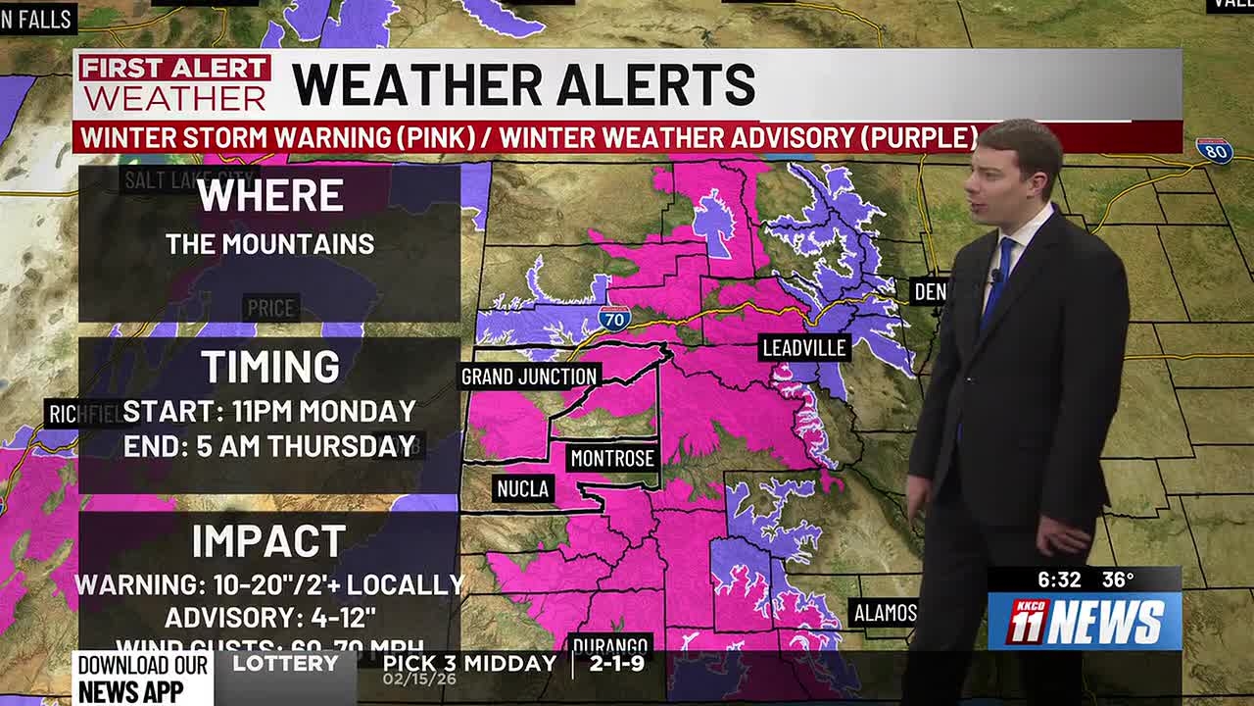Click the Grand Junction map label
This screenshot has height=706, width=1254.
tap(529, 377)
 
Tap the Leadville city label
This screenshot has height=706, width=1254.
tap(804, 347)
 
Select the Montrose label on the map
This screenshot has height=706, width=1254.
tap(612, 458)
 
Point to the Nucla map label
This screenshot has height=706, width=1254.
tap(523, 488)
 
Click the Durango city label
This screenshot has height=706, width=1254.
tap(609, 645)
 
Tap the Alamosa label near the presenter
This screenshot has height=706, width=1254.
tap(885, 614)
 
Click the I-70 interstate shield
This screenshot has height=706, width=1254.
tap(614, 317)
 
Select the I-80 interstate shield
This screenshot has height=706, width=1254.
tap(1214, 150)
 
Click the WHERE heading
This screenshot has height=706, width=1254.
tap(269, 195)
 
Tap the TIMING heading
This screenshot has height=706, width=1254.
tap(270, 367)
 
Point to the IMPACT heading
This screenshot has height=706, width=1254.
tap(268, 541)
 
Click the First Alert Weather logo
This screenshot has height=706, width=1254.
tap(174, 83)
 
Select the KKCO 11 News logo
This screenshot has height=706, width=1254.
tap(1085, 621)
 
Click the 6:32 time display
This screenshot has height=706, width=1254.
tap(1058, 580)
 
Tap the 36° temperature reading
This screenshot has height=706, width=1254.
tap(1118, 580)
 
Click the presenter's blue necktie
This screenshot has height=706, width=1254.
tap(999, 279)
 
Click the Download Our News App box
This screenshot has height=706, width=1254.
tap(143, 679)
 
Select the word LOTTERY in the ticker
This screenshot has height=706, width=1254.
tap(285, 664)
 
